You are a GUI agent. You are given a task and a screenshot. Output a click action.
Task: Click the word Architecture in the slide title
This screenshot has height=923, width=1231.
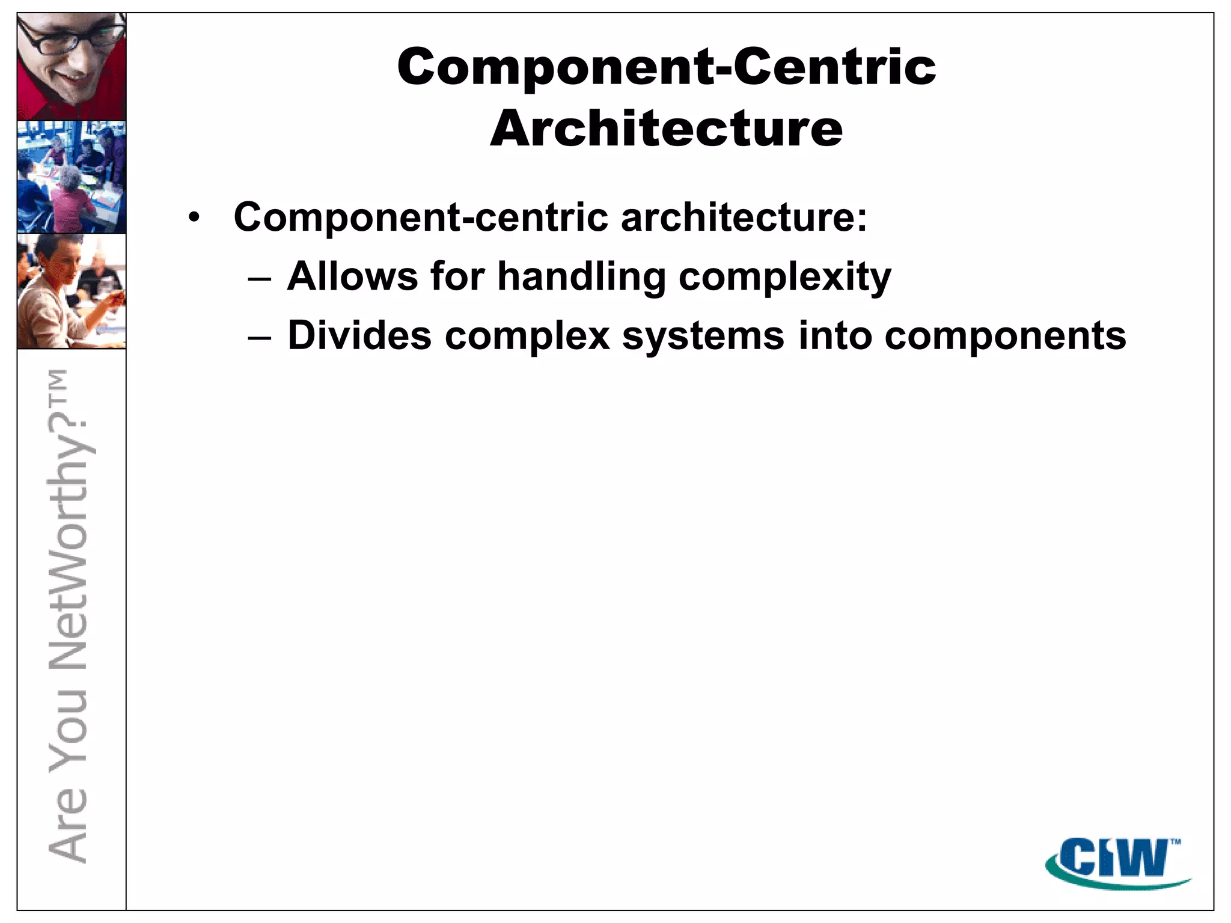click(666, 129)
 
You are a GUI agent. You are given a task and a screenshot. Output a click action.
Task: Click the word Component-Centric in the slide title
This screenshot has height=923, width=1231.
click(666, 67)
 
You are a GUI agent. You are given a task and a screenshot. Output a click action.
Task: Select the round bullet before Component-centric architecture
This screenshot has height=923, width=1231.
click(193, 217)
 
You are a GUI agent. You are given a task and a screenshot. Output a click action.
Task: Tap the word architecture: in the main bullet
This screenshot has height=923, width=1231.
click(744, 217)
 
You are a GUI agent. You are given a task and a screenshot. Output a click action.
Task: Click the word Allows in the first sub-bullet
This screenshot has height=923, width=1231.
click(352, 276)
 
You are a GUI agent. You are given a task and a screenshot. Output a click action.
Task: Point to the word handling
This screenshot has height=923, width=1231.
click(581, 278)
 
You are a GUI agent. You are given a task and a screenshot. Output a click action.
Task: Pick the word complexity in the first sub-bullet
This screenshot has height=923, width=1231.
click(784, 278)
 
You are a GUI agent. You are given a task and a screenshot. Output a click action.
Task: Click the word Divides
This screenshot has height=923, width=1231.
click(359, 335)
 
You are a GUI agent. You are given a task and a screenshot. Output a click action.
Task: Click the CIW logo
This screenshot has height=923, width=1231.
click(1117, 861)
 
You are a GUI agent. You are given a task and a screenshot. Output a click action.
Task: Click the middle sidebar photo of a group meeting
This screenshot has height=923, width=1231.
click(72, 177)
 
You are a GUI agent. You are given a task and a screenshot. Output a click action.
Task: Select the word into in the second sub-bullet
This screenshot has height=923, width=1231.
click(835, 335)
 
